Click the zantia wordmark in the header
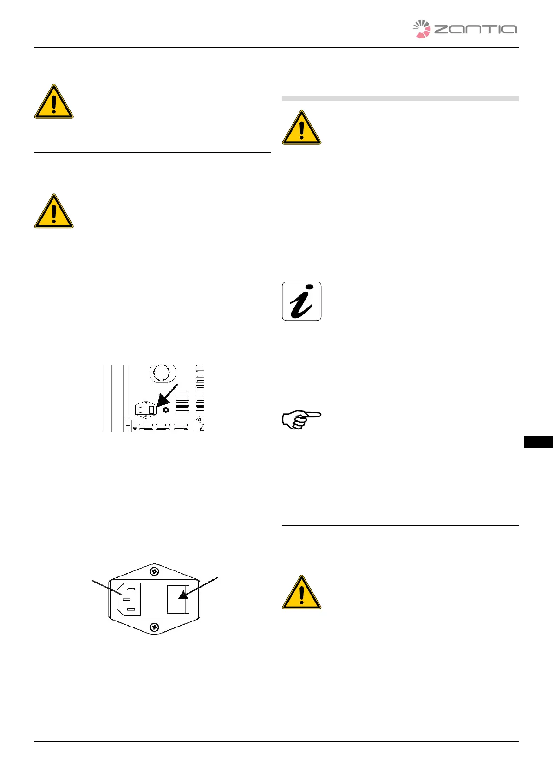[x=475, y=30]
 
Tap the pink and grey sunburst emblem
[x=422, y=29]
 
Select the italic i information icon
[x=301, y=301]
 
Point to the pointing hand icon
[x=301, y=420]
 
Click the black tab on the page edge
[x=538, y=442]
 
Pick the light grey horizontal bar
[x=400, y=99]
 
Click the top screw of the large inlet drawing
[x=154, y=571]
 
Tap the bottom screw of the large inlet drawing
[x=154, y=627]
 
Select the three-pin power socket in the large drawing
[x=129, y=599]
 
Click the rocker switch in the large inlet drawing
[x=178, y=599]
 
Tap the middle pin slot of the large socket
[x=125, y=599]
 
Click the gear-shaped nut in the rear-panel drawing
[x=166, y=410]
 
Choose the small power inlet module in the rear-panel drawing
[x=144, y=410]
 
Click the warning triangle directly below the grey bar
[x=301, y=128]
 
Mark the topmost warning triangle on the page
[x=54, y=102]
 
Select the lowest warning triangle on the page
[x=301, y=593]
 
